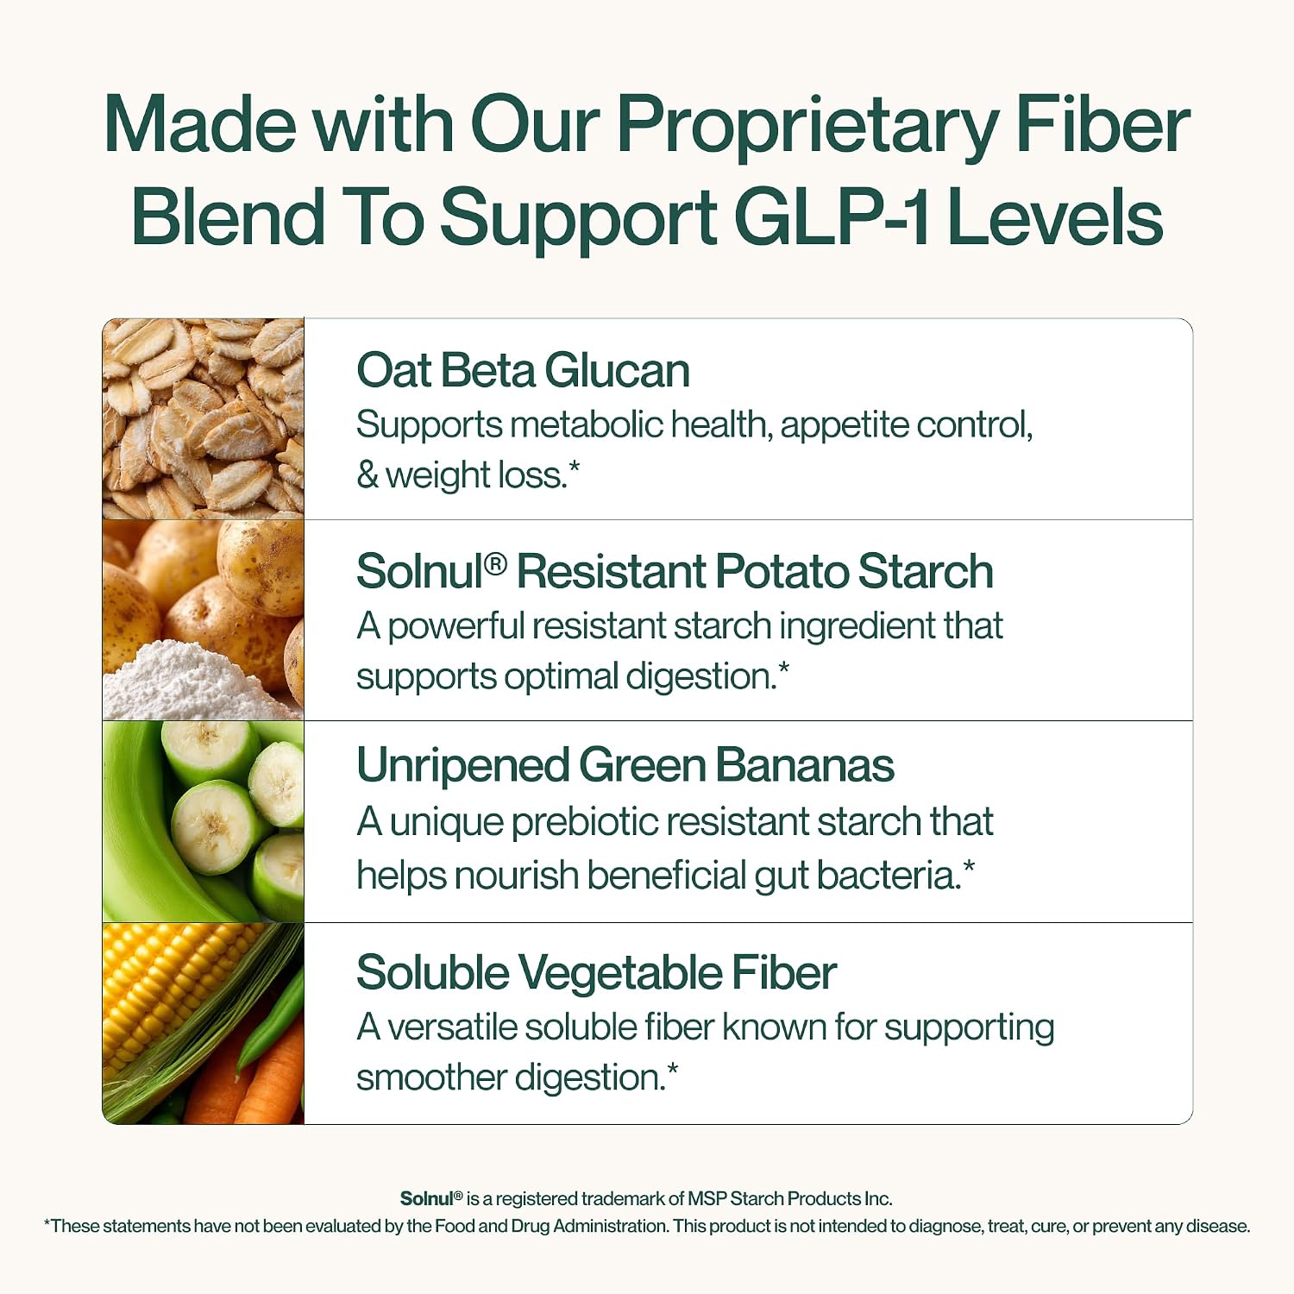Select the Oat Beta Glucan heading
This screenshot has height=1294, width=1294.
[x=523, y=371]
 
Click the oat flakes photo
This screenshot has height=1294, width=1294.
[x=204, y=418]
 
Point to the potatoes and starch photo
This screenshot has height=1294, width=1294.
[x=204, y=620]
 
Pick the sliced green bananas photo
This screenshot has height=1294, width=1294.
[x=204, y=821]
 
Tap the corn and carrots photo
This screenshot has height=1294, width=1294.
[x=204, y=1023]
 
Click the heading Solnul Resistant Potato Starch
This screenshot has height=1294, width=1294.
[x=675, y=572]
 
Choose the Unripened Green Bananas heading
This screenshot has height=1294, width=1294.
[x=625, y=766]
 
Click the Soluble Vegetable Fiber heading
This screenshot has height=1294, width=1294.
[x=596, y=973]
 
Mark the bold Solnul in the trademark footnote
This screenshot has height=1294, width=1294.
[x=426, y=1198]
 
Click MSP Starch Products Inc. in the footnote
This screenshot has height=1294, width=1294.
[x=789, y=1198]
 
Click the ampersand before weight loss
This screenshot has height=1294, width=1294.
[x=367, y=475]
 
